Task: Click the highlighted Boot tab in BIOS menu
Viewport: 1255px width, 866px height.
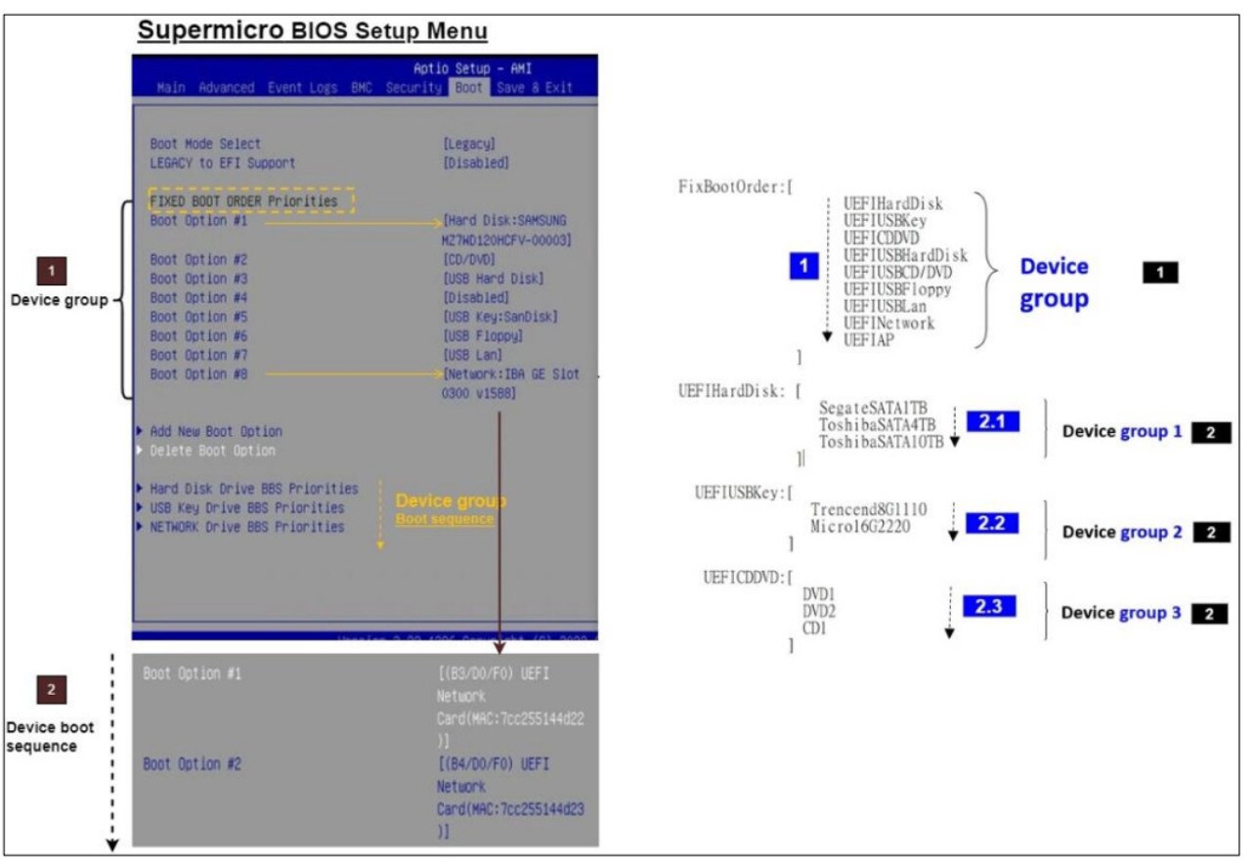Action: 469,88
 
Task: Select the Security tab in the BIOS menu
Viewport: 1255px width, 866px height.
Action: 413,88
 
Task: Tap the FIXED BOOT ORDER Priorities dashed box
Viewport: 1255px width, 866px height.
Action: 250,200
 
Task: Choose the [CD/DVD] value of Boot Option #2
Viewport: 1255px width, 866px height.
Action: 469,259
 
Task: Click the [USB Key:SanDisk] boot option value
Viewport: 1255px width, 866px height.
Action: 501,317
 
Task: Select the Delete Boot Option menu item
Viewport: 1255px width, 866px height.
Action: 212,451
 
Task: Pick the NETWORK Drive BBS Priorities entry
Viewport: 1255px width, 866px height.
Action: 246,527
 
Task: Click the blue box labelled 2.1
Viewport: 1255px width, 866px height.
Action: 992,421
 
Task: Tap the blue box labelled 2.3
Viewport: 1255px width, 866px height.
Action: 989,607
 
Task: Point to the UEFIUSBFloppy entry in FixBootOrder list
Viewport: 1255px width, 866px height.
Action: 897,289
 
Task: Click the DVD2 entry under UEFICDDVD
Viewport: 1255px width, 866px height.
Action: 819,611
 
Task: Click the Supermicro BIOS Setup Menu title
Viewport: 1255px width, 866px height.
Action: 312,30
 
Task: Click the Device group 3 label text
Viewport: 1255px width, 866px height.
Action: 1121,613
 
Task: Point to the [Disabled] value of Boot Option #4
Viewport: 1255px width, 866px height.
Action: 476,297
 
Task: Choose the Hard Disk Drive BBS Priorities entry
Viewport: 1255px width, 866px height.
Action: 253,489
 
